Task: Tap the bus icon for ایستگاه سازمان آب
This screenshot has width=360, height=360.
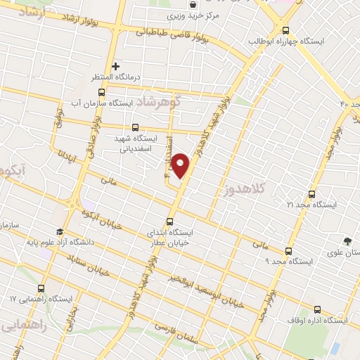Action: [x=101, y=92]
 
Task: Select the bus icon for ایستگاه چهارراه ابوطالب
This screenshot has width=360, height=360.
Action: [x=285, y=30]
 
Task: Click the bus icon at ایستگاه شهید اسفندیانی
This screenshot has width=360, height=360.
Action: [x=125, y=128]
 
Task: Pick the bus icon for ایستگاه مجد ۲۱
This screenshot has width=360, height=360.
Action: [x=311, y=194]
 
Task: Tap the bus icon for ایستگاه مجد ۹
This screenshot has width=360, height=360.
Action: [x=288, y=251]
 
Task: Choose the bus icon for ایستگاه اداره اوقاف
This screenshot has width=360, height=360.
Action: [x=317, y=309]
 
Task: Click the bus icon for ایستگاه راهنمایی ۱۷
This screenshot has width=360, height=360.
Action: [x=41, y=288]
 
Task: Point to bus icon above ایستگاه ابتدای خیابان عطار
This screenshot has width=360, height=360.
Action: [x=169, y=221]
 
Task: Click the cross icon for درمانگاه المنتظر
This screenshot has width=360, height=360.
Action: [x=117, y=66]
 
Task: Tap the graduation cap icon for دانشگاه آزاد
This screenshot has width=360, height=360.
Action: [x=60, y=232]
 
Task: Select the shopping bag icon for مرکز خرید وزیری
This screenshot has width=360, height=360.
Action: [x=192, y=4]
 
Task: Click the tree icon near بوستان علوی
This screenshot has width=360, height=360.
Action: [x=346, y=241]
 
